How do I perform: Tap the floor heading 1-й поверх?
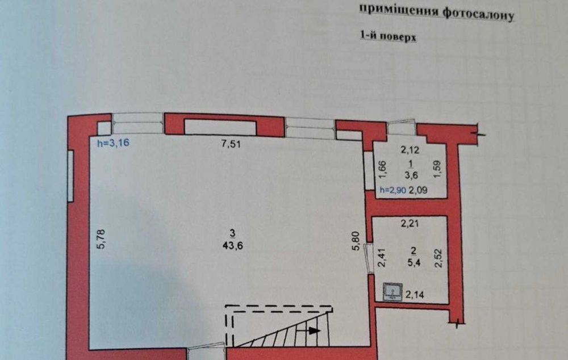click(x=388, y=36)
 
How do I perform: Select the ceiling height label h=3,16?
click(x=112, y=143)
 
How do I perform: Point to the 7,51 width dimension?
click(x=231, y=144)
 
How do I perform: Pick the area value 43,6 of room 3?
click(x=233, y=246)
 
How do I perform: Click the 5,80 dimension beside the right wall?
click(x=356, y=241)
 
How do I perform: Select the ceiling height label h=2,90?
click(x=392, y=190)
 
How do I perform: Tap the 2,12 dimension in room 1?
click(x=410, y=149)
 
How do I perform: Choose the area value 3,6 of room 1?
click(x=411, y=175)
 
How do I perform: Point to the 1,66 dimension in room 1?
click(x=383, y=170)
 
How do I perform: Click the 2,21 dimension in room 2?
click(x=410, y=224)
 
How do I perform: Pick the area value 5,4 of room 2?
click(x=414, y=262)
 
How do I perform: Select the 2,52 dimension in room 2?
click(x=438, y=258)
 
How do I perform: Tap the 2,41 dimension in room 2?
click(x=382, y=257)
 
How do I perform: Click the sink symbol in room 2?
click(x=392, y=292)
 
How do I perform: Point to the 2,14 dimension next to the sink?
click(x=415, y=295)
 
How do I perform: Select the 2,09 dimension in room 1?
click(x=418, y=190)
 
